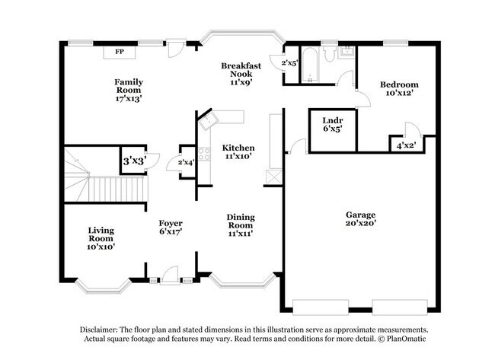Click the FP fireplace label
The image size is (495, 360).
click(120, 52)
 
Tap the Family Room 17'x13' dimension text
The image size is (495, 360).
click(129, 98)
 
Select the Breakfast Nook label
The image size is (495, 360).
click(241, 70)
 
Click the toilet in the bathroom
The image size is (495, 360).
click(330, 53)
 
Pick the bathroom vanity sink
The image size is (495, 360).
click(347, 52)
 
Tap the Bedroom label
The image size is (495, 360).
click(399, 84)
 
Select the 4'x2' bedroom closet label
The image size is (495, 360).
click(406, 145)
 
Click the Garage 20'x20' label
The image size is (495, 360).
click(360, 219)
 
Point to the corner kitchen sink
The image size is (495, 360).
click(207, 119)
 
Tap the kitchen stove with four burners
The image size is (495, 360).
click(204, 155)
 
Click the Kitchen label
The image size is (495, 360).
click(238, 148)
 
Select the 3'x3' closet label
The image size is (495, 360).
click(134, 161)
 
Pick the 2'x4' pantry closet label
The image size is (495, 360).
click(187, 162)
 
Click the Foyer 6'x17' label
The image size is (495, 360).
click(171, 228)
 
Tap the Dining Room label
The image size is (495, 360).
click(241, 221)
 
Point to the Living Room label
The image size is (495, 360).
click(101, 234)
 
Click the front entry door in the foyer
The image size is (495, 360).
click(170, 276)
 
